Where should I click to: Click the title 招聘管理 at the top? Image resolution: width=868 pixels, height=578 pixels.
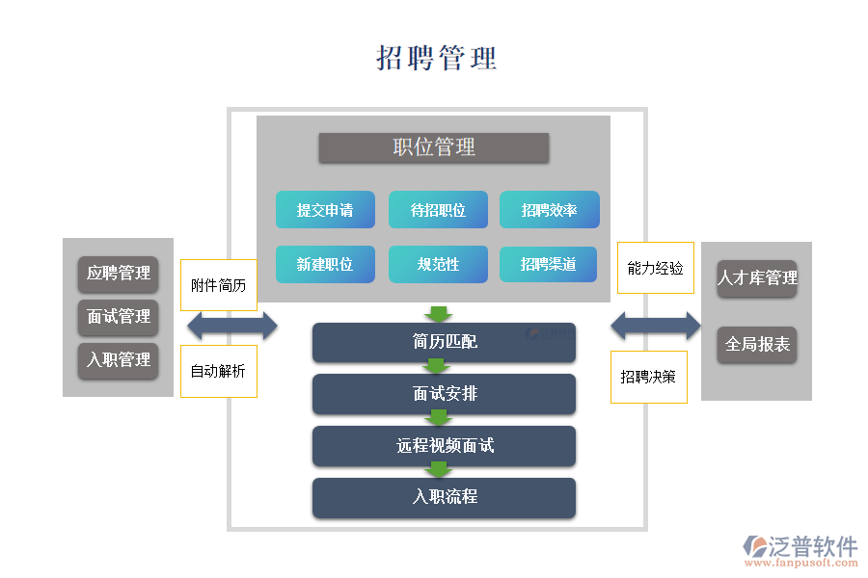[436, 58]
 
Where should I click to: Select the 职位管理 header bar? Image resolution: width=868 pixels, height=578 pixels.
[434, 147]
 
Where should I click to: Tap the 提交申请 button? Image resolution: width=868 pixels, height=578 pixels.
[325, 210]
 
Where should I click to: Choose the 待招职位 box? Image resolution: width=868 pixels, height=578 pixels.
[438, 210]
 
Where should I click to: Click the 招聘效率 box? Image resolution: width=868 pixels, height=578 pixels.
[549, 210]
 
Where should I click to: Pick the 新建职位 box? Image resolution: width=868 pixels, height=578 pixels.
[325, 264]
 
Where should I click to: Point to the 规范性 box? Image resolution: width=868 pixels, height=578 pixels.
[438, 264]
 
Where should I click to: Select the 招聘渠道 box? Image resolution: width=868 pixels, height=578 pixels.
[549, 264]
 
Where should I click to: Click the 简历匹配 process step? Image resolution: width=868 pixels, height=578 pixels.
[444, 342]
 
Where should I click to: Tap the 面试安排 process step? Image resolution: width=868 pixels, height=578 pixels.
[444, 394]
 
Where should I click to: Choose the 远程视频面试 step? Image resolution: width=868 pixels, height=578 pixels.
[444, 446]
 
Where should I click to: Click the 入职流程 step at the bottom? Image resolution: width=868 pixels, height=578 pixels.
[444, 497]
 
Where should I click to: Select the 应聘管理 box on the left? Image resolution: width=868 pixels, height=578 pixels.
[118, 274]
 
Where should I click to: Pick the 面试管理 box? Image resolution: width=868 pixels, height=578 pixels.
[118, 317]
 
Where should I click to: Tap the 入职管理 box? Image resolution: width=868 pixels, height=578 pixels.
[118, 360]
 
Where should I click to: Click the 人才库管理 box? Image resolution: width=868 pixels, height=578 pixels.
[756, 278]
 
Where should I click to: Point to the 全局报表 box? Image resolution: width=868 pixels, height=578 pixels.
[756, 344]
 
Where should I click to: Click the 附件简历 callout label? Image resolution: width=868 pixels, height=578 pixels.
[219, 285]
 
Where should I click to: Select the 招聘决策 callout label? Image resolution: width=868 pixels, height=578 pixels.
[648, 377]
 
